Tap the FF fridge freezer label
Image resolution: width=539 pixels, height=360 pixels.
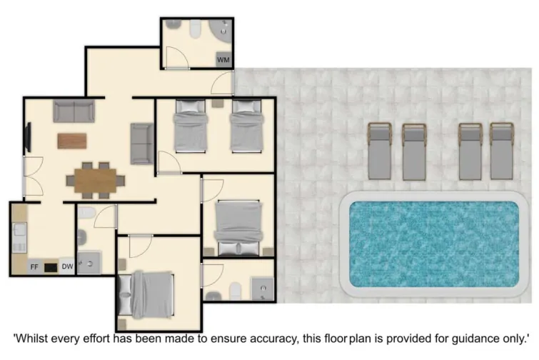click(x=34, y=267)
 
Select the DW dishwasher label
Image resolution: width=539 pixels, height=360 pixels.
click(x=66, y=267)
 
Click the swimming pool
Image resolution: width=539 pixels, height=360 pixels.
click(x=433, y=244)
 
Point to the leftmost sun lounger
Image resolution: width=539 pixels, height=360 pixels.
click(x=379, y=151)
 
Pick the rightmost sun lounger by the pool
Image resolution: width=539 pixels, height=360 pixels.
click(x=501, y=151)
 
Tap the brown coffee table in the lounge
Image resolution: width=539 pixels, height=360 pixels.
click(x=71, y=141)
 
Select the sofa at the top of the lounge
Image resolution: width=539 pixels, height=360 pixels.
click(x=74, y=111)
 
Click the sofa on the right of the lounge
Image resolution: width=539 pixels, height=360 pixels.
click(x=141, y=143)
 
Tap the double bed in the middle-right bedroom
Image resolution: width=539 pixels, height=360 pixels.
click(x=238, y=226)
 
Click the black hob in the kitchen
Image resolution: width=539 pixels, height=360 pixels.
click(x=50, y=268)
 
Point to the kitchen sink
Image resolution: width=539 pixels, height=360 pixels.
click(x=19, y=232)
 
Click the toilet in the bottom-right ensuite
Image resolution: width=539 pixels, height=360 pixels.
click(x=233, y=289)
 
